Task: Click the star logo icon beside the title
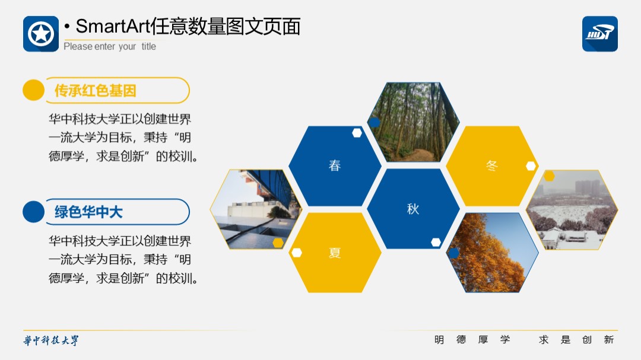(x=41, y=34)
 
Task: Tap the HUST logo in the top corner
(x=599, y=34)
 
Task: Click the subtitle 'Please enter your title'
(x=110, y=47)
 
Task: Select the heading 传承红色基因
(x=95, y=90)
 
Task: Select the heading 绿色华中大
(x=88, y=212)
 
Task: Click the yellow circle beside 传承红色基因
(x=33, y=90)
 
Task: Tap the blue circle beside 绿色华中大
(x=33, y=212)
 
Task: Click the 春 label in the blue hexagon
(x=335, y=165)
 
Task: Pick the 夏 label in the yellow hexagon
(x=335, y=253)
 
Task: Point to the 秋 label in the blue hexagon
(x=413, y=209)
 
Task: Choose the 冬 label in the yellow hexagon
(x=492, y=165)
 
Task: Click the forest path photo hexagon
(x=413, y=122)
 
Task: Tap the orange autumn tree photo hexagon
(x=492, y=253)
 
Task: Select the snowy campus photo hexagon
(x=572, y=209)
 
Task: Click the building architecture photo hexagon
(x=256, y=209)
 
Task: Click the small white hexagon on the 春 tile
(x=357, y=133)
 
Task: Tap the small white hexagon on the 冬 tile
(x=531, y=166)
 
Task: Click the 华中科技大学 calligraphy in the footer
(x=50, y=340)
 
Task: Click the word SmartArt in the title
(x=112, y=27)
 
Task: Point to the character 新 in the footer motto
(x=609, y=340)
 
